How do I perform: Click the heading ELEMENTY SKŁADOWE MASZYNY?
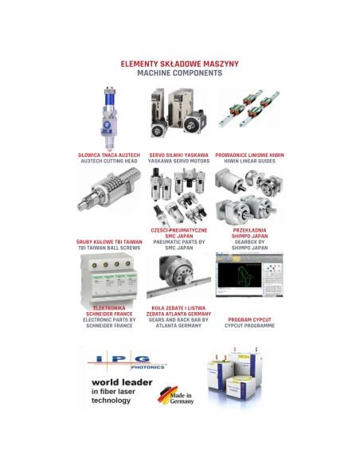(180, 64)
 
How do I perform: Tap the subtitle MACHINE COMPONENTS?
(180, 73)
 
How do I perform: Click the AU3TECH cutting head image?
(108, 119)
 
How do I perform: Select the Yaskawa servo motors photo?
(178, 113)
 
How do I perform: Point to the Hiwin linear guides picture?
(249, 108)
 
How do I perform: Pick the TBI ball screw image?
(109, 189)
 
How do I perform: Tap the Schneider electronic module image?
(109, 281)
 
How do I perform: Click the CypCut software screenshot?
(249, 275)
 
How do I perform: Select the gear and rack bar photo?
(178, 276)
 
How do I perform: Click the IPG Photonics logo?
(127, 362)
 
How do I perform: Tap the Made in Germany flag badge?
(176, 396)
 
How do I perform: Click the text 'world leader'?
(122, 382)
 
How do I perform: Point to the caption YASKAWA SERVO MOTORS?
(179, 161)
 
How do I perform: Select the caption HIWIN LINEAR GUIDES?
(249, 161)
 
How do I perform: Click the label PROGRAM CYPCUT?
(249, 320)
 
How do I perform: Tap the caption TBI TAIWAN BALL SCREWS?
(109, 248)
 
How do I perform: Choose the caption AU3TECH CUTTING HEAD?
(109, 161)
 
